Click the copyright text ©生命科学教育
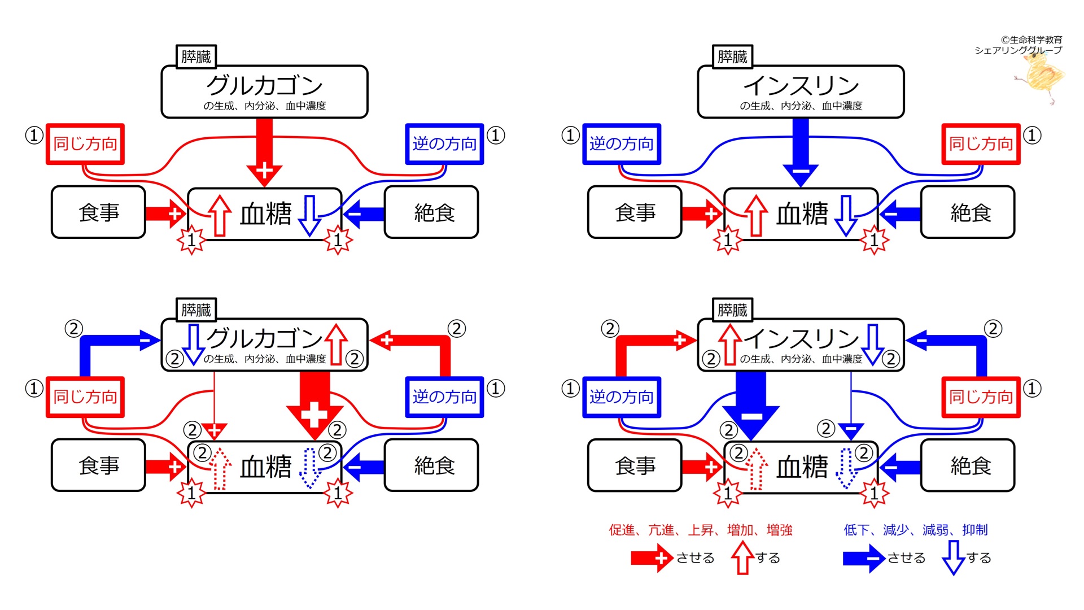pos(1031,40)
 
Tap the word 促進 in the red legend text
pos(622,530)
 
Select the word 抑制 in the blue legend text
pos(975,530)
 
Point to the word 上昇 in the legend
pos(701,530)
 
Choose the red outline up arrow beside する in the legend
pos(742,557)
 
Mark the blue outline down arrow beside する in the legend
pos(954,557)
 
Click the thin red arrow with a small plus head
pos(214,418)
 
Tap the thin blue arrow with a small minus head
pos(851,418)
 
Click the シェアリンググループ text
pos(1018,50)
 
